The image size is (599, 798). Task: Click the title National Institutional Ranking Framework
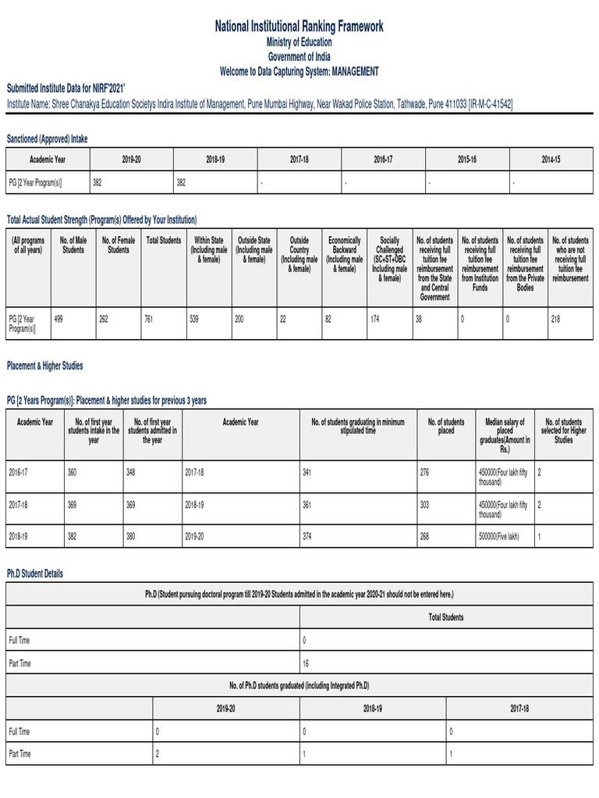point(299,27)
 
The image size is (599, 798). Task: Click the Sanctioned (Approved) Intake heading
point(48,138)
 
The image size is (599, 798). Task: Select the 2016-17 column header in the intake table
point(383,159)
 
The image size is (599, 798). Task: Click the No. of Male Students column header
point(73,245)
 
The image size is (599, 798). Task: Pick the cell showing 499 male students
point(59,318)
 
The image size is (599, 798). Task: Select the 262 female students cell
point(105,318)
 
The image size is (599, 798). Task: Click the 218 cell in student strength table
point(555,318)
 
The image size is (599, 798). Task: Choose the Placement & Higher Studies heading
point(44,365)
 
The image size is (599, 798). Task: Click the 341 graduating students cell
point(307,472)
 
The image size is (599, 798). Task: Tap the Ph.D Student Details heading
point(35,574)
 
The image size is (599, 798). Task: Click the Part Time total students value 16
point(306,663)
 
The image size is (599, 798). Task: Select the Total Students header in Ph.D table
point(445,617)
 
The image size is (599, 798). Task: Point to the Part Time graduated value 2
point(158,754)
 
